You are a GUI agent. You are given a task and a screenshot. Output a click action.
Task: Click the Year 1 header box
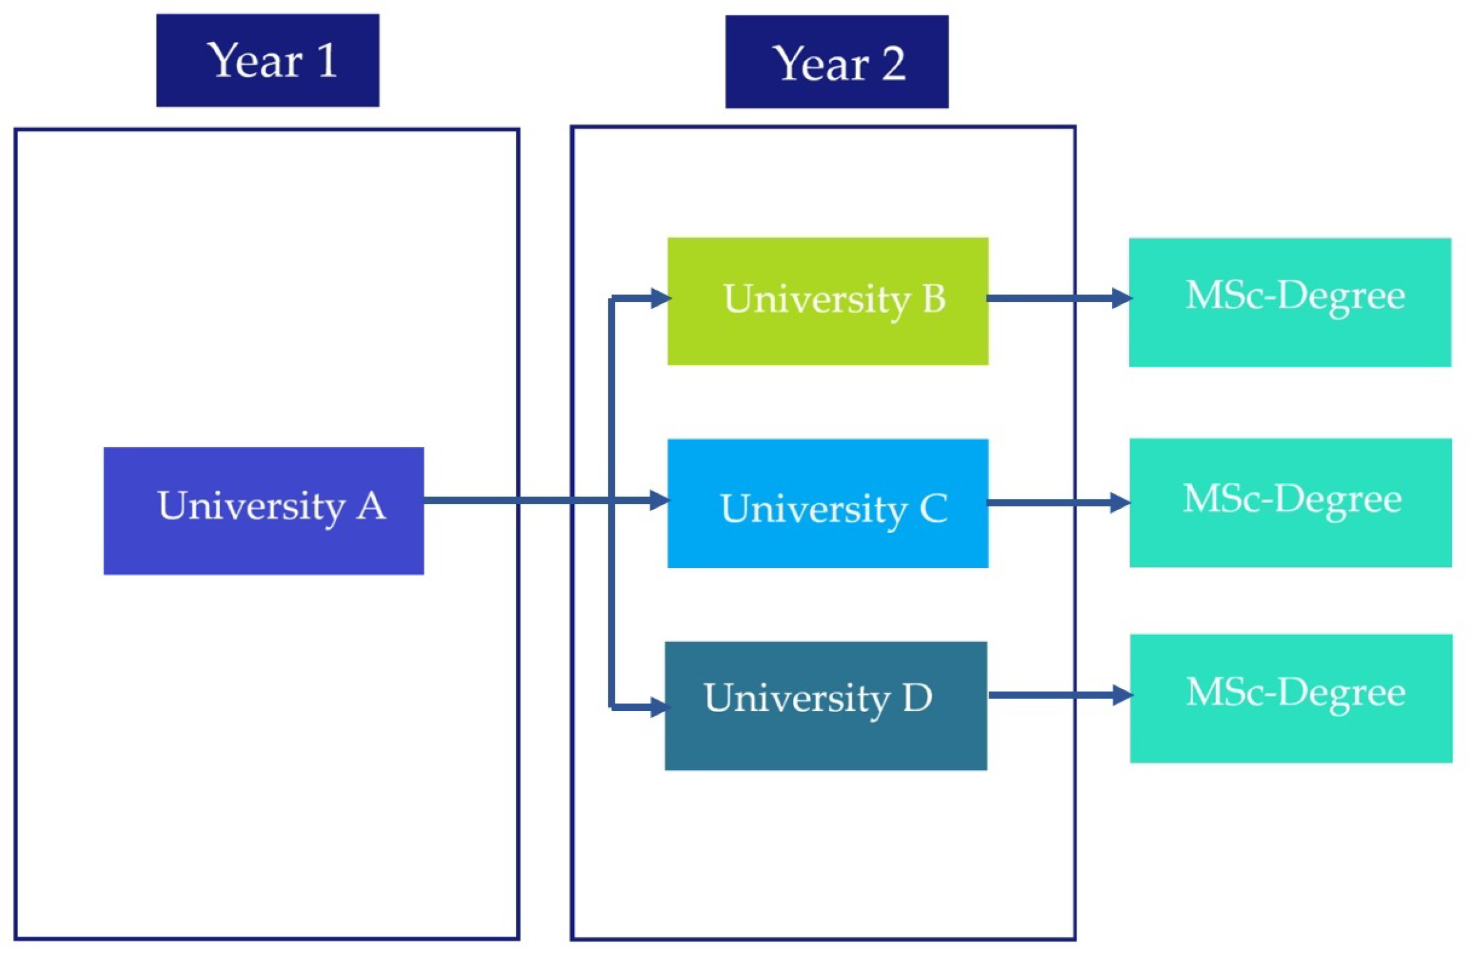(267, 60)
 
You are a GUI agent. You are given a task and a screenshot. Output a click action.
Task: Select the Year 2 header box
(837, 62)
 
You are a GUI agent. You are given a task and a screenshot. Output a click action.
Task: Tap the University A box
(264, 511)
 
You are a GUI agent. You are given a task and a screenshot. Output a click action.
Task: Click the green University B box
(828, 301)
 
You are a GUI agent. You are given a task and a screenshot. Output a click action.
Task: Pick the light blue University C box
(828, 503)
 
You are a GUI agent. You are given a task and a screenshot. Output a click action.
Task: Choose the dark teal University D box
(826, 706)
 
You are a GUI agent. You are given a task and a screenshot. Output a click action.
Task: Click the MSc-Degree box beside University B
(1290, 302)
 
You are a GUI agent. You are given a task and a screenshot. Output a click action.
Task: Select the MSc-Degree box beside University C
(1290, 503)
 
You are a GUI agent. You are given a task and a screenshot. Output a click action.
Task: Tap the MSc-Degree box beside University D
(1291, 698)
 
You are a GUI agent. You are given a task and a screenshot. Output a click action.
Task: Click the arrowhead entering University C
(660, 500)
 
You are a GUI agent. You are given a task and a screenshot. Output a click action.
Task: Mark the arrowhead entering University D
(660, 707)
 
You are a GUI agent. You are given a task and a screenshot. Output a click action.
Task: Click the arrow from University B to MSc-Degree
(1053, 299)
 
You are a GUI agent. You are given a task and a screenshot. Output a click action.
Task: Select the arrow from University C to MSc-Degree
(1053, 503)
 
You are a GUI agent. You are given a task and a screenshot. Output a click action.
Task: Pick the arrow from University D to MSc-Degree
(1053, 695)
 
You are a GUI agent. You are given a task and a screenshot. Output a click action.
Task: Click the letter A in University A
(372, 505)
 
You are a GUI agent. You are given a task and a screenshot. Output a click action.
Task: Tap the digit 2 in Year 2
(894, 64)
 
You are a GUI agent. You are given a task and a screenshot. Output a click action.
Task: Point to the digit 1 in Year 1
(327, 60)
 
